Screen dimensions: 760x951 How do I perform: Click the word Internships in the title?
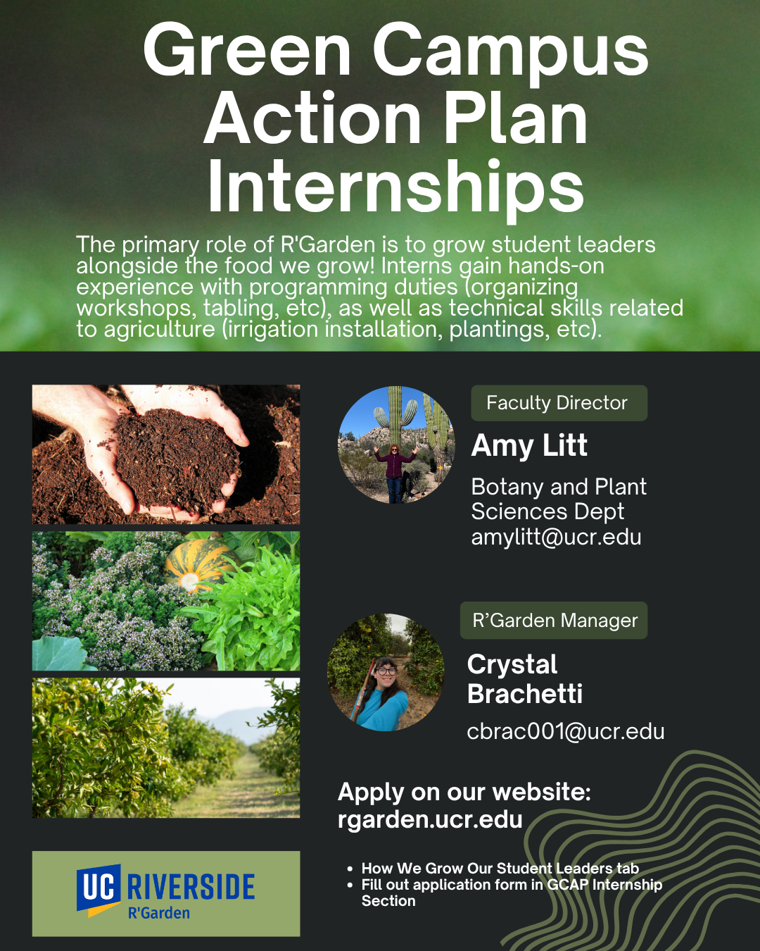pos(396,188)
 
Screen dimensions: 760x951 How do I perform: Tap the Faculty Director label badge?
pos(559,403)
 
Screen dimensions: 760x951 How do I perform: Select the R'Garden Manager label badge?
pos(554,621)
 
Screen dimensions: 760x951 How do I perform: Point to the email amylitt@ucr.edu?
pos(556,537)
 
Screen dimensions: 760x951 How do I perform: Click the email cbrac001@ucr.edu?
pos(566,731)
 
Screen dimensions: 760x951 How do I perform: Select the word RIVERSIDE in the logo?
pos(191,887)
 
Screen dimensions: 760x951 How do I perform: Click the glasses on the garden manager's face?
pos(386,671)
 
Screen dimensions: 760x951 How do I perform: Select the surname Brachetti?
pos(525,694)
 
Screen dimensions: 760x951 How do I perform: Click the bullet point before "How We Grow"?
pos(350,869)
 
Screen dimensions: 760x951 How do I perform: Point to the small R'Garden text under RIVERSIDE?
pos(159,913)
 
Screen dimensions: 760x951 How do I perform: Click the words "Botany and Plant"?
pos(559,487)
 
